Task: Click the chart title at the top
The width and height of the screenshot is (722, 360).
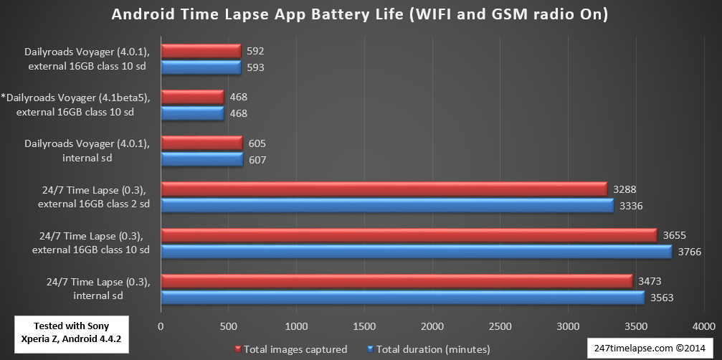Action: point(361,14)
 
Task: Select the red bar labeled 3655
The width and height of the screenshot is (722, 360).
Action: point(409,235)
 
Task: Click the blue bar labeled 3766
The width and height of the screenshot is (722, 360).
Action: point(416,252)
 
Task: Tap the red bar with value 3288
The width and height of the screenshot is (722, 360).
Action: point(384,189)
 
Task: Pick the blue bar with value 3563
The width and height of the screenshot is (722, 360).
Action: point(402,298)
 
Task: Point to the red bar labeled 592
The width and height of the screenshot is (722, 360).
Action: point(201,51)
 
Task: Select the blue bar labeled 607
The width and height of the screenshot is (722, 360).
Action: point(202,160)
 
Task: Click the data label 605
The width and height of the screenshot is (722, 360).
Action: point(257,143)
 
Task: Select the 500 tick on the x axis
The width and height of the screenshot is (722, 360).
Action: point(229,326)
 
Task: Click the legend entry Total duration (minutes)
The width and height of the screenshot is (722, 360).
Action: point(427,349)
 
